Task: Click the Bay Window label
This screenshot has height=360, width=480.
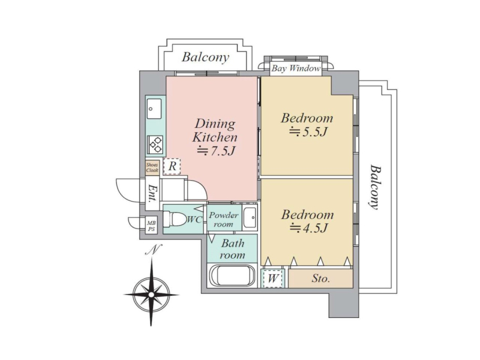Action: pos(296,68)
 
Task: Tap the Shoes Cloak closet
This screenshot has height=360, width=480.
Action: pos(152,168)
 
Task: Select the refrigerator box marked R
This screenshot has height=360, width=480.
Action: pos(172,167)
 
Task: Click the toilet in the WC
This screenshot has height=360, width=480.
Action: pos(175,219)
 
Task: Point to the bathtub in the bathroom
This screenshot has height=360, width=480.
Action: pos(232,276)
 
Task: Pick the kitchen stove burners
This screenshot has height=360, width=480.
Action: pos(155,145)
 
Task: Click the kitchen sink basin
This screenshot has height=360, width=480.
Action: pos(154,109)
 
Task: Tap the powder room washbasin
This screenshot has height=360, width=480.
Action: pos(250,217)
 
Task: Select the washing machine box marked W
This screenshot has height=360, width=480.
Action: pos(273,278)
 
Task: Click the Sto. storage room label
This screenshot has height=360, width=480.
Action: pos(320,278)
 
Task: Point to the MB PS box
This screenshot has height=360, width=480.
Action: pos(151,226)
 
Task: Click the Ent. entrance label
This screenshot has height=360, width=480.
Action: pos(152,193)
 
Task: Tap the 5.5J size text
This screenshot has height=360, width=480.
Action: pos(308,131)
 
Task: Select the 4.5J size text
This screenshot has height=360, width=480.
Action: pos(308,228)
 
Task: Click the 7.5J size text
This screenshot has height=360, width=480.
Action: pos(216,151)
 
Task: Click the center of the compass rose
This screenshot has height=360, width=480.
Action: pos(151,295)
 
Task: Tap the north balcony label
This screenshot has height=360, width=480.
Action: pos(205,57)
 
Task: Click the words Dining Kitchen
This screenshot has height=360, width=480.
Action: pos(215,130)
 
